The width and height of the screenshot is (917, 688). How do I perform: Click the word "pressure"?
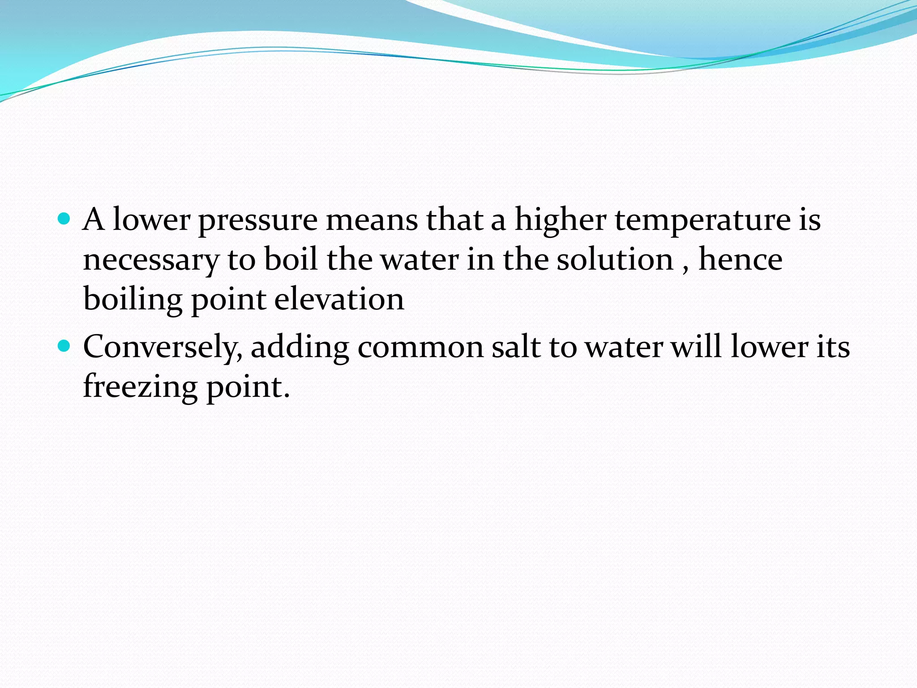257,221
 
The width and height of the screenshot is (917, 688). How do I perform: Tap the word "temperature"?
703,221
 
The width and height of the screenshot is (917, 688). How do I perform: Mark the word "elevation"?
339,299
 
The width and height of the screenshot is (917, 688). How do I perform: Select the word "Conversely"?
163,348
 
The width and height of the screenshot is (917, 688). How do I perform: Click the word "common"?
420,347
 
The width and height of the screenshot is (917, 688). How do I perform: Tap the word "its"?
833,347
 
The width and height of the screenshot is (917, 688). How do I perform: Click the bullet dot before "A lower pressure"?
64,219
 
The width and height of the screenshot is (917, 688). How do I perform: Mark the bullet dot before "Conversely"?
64,346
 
